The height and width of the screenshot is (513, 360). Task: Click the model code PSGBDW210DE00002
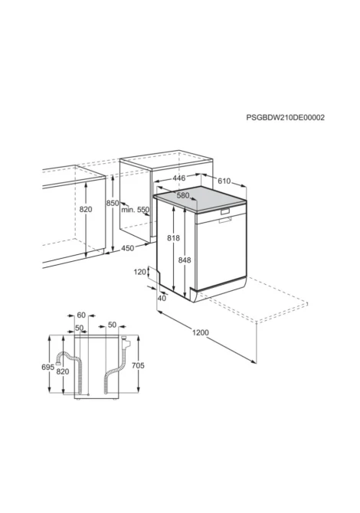(286, 117)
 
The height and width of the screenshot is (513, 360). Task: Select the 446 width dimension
(178, 178)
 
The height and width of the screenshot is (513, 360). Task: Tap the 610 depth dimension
(224, 181)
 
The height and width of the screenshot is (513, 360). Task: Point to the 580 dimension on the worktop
(183, 195)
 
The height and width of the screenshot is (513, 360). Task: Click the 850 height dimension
(113, 203)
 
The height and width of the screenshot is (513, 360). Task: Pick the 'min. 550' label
(135, 210)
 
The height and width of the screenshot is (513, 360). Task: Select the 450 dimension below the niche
(128, 248)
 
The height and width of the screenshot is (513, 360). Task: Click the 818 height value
(173, 238)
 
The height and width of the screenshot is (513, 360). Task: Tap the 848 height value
(185, 260)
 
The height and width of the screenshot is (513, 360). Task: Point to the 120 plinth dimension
(139, 272)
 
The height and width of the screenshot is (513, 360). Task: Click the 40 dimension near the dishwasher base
(162, 299)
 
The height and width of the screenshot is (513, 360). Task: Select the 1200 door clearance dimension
(200, 333)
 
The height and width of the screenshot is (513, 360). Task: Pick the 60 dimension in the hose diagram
(81, 315)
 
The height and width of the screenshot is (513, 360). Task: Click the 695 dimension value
(47, 368)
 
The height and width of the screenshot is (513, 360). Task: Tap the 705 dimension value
(138, 365)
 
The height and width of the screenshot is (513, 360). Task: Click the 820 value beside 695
(63, 371)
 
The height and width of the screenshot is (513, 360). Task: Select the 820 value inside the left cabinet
(86, 209)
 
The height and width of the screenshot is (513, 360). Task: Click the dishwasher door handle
(226, 211)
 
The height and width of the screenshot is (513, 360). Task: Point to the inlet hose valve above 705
(125, 342)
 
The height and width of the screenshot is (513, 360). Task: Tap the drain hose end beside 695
(58, 361)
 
